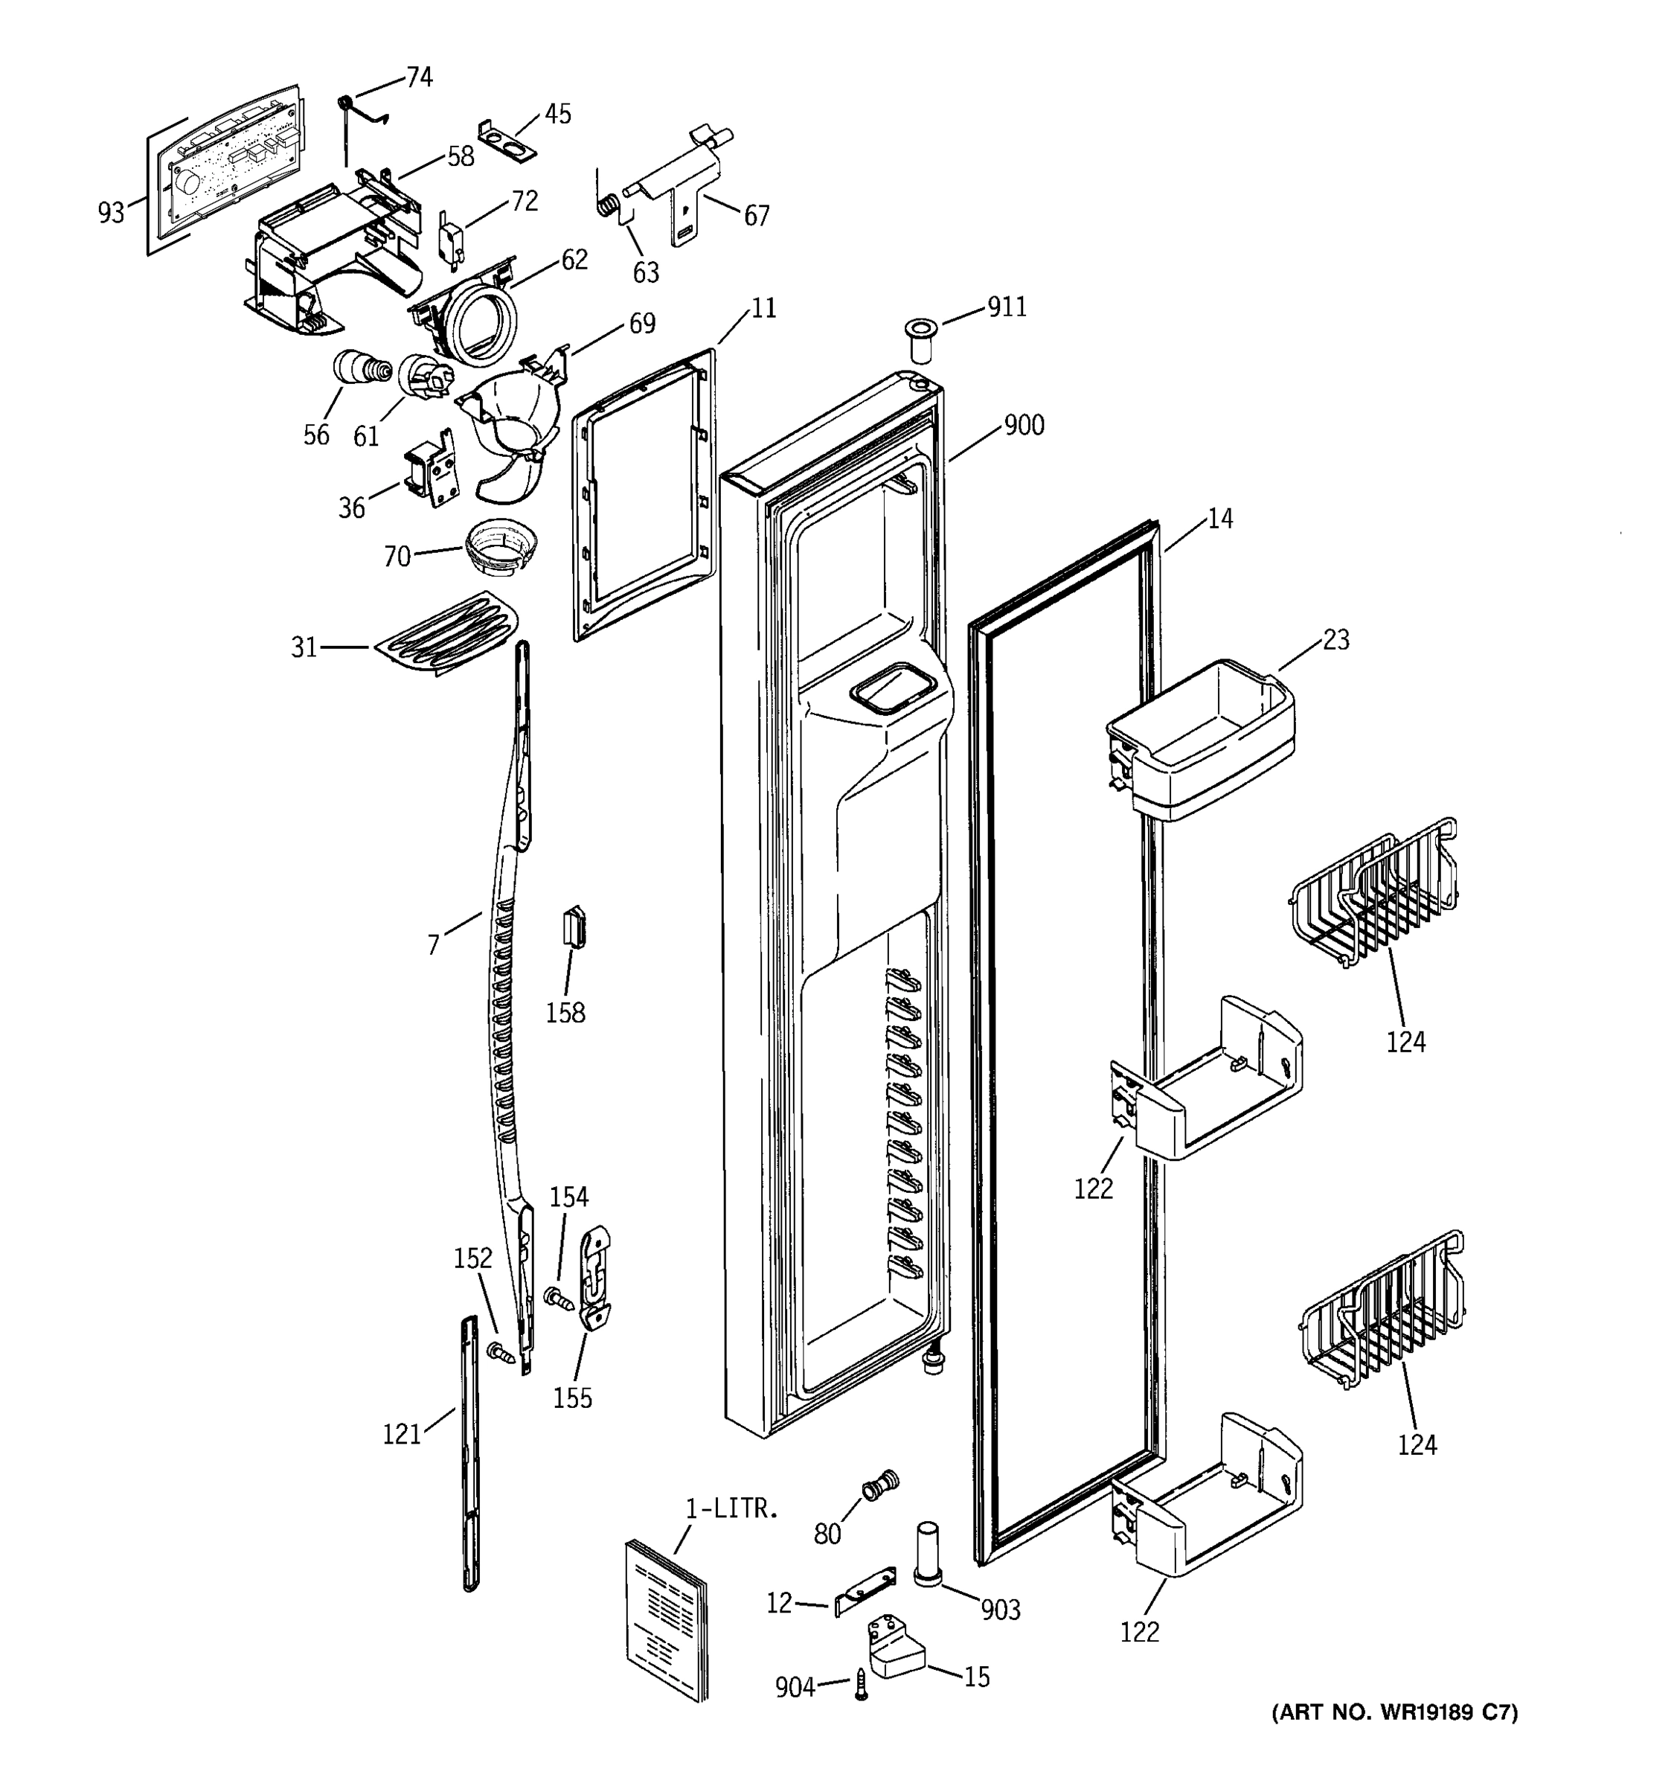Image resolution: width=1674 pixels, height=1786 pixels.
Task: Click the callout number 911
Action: (x=1007, y=307)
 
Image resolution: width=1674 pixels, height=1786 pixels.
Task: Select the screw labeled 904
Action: (x=862, y=1685)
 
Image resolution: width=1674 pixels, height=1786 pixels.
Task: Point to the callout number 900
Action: (x=1024, y=425)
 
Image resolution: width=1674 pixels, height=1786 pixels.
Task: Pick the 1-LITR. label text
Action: (x=732, y=1508)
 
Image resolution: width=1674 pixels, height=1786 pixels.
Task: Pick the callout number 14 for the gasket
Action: (x=1219, y=519)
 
